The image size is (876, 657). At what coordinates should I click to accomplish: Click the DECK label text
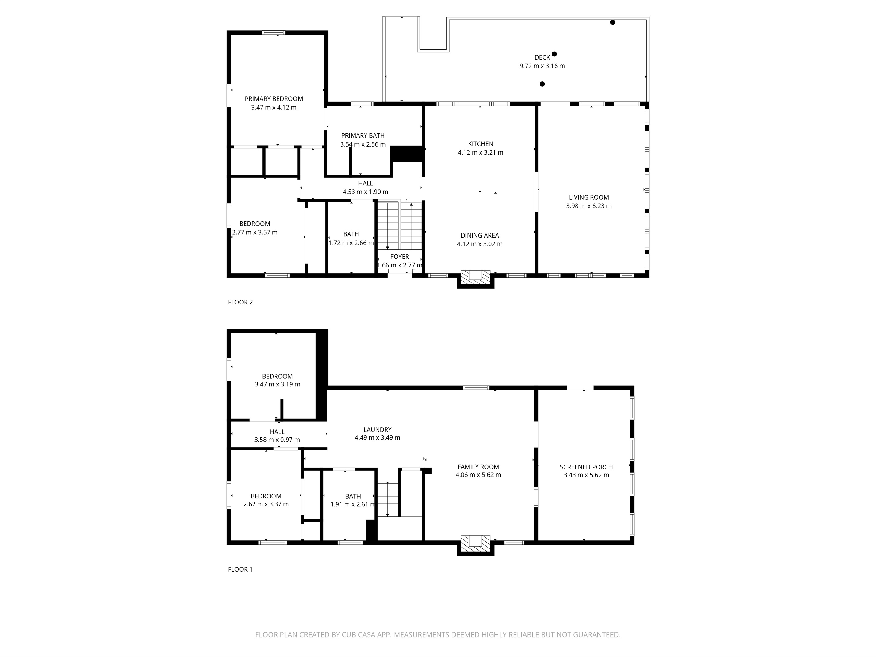(542, 57)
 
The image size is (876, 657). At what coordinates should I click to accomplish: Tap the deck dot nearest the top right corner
(613, 23)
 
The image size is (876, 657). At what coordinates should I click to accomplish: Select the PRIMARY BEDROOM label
(274, 99)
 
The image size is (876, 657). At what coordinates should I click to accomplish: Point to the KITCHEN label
(480, 144)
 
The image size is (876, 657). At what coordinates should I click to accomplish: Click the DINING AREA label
(480, 235)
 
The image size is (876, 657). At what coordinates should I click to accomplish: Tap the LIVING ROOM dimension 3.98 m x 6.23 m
(589, 206)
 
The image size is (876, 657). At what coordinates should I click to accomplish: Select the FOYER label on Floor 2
(399, 257)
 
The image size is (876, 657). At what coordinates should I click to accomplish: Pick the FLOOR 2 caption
(240, 302)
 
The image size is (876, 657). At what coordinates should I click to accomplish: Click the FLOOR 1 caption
(240, 569)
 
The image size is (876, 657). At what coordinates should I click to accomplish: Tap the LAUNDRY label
(378, 430)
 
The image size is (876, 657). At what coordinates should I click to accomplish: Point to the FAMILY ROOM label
(478, 467)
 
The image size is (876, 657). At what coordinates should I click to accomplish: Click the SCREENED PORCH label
(586, 467)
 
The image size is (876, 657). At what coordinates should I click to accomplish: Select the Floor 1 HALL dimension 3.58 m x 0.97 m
(277, 440)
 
